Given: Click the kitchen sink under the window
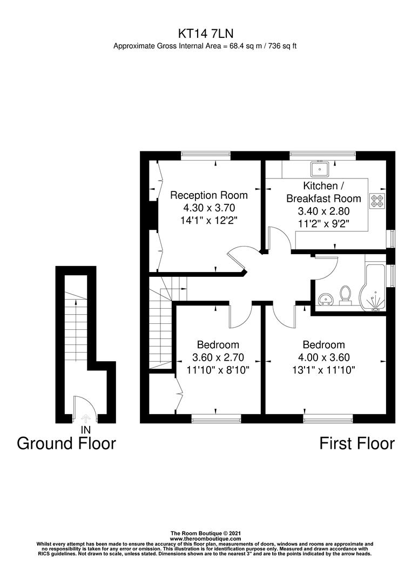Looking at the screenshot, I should [320, 169].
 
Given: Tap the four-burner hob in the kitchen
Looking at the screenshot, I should [376, 201].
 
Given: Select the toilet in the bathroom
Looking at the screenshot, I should [346, 295].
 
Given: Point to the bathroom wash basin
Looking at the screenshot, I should [325, 298].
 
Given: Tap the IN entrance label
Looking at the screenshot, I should [85, 429].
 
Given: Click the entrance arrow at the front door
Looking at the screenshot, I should [85, 418].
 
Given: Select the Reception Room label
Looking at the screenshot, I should [209, 195].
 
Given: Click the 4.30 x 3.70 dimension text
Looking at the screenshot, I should [209, 208].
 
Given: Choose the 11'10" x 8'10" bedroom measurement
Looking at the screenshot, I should [218, 370].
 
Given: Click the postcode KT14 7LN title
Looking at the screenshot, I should [205, 33].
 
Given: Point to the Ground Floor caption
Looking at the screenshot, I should [66, 443].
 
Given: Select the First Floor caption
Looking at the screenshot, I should [357, 443].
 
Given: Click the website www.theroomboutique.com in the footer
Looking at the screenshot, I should [205, 539].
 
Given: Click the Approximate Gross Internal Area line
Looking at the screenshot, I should [205, 46].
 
